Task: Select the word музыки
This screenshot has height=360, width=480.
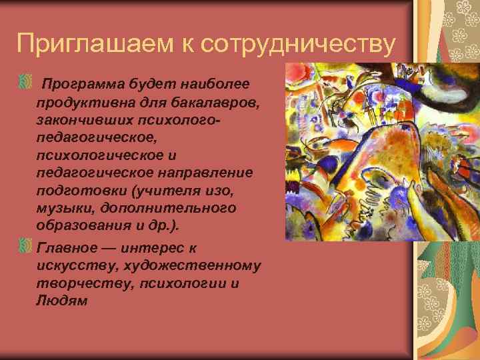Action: (60, 209)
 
